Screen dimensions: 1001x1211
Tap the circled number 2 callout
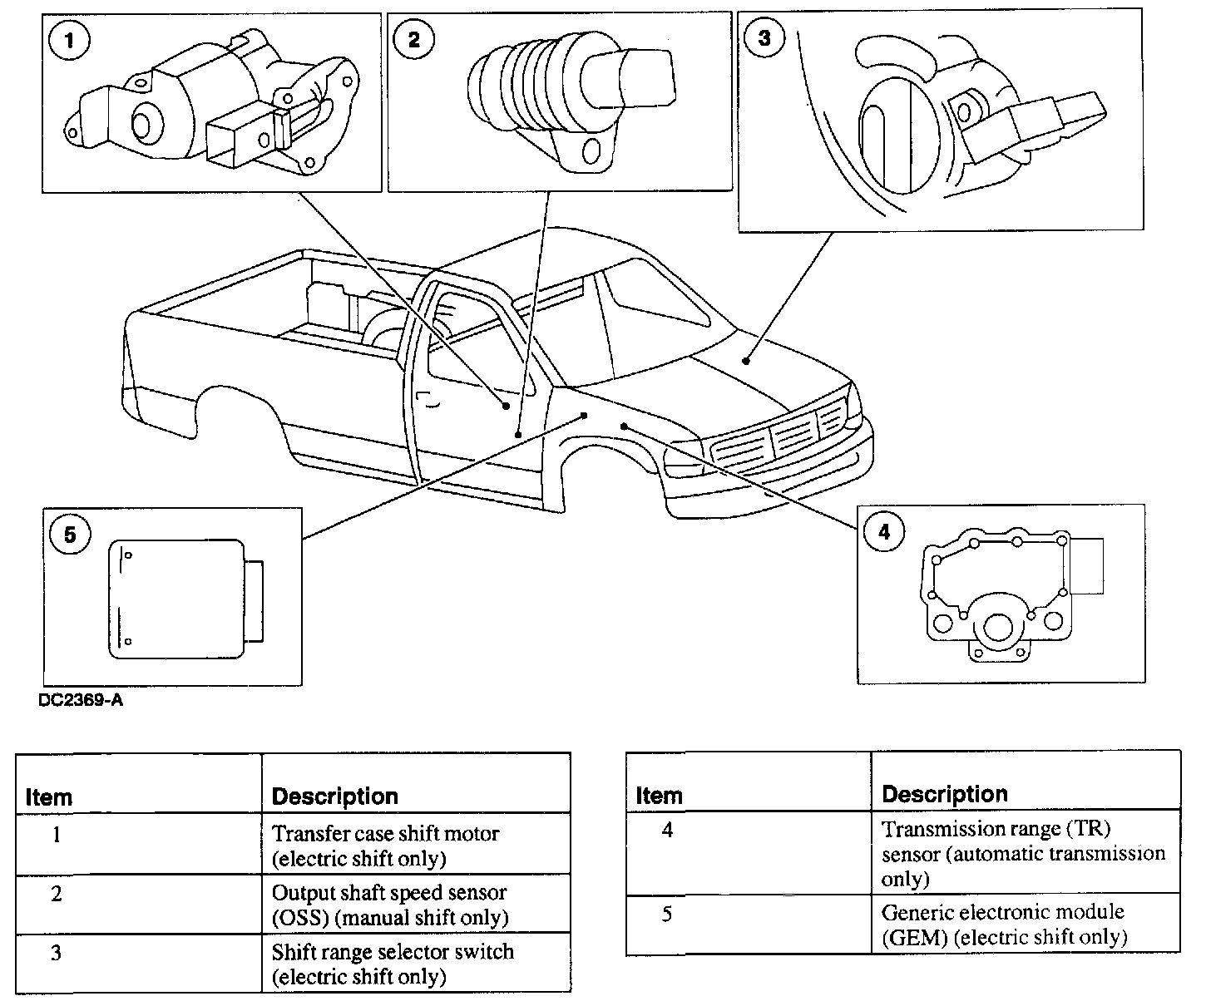pyautogui.click(x=413, y=41)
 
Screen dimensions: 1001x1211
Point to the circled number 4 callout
pyautogui.click(x=883, y=531)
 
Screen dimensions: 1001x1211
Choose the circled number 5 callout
pyautogui.click(x=70, y=535)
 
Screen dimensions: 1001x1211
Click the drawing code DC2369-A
pyautogui.click(x=81, y=701)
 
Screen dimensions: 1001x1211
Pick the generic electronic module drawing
pyautogui.click(x=185, y=599)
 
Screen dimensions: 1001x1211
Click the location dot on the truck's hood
pyautogui.click(x=747, y=361)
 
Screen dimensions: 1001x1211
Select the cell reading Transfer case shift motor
pyautogui.click(x=387, y=845)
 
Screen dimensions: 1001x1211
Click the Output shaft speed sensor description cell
pyautogui.click(x=389, y=904)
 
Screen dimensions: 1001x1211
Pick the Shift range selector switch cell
pyautogui.click(x=393, y=963)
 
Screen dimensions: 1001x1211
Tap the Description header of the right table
pyautogui.click(x=944, y=794)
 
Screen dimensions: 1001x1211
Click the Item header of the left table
pyautogui.click(x=49, y=797)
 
